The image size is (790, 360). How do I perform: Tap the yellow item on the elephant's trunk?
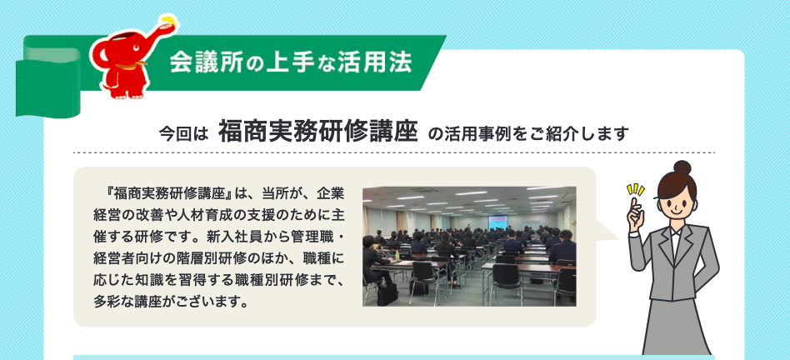168,21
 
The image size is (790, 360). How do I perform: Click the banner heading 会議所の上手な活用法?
291,62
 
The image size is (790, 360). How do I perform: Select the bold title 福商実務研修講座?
317,133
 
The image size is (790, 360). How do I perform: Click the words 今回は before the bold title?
183,134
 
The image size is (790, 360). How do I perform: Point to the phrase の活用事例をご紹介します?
528,134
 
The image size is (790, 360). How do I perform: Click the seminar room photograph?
469,247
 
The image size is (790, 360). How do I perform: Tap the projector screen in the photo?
497,222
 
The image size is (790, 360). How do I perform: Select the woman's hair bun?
682,167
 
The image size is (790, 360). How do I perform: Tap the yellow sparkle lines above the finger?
635,190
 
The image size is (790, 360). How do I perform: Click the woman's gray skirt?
677,327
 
